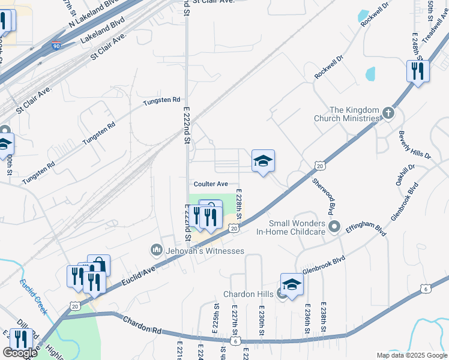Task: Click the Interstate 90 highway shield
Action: pyautogui.click(x=56, y=46)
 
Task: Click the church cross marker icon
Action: pyautogui.click(x=388, y=112)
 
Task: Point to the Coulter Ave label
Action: pyautogui.click(x=211, y=184)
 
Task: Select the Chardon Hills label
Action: pyautogui.click(x=248, y=294)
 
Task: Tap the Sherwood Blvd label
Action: pyautogui.click(x=322, y=196)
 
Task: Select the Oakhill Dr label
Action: pyautogui.click(x=404, y=175)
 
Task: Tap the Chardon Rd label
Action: pyautogui.click(x=144, y=326)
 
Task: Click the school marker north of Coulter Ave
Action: pyautogui.click(x=263, y=161)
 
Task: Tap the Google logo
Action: pyautogui.click(x=20, y=353)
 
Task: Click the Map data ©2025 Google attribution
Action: pyautogui.click(x=411, y=355)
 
